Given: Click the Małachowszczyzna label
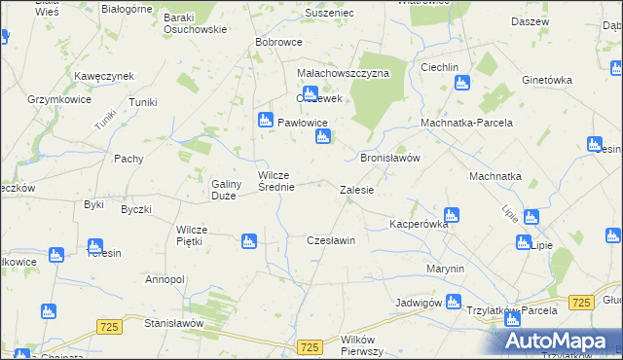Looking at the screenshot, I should coord(344,73).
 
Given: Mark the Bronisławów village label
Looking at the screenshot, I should coord(389,157).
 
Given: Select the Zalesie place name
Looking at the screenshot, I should coord(356,190).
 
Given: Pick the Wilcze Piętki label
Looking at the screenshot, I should coord(199,235).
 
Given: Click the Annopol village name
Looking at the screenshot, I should coord(165,279).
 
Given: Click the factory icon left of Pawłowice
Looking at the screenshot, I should coord(265,121).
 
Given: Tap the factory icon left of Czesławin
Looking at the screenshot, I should coord(249,240).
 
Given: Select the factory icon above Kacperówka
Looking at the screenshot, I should coord(451,215).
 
